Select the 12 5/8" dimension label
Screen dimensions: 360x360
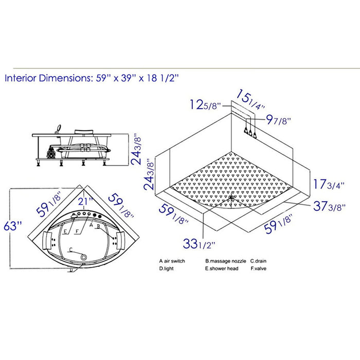point(204,106)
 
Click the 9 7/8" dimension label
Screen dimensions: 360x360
point(278,121)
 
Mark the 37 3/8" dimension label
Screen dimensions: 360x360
point(329,207)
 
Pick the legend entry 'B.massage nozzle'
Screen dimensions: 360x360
point(223,261)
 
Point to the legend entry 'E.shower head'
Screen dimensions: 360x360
point(222,268)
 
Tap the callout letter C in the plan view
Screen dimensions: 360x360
point(70,249)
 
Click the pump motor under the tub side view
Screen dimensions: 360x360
point(52,152)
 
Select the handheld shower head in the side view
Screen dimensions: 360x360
point(59,126)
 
